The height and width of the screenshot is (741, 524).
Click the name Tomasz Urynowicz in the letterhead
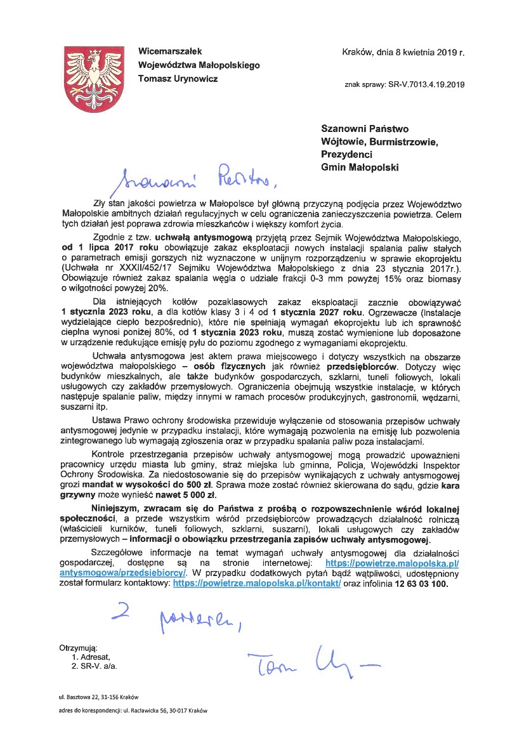click(x=178, y=78)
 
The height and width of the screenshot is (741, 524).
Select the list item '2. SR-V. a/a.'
click(x=95, y=667)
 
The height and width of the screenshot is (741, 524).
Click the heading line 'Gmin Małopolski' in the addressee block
click(x=360, y=167)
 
